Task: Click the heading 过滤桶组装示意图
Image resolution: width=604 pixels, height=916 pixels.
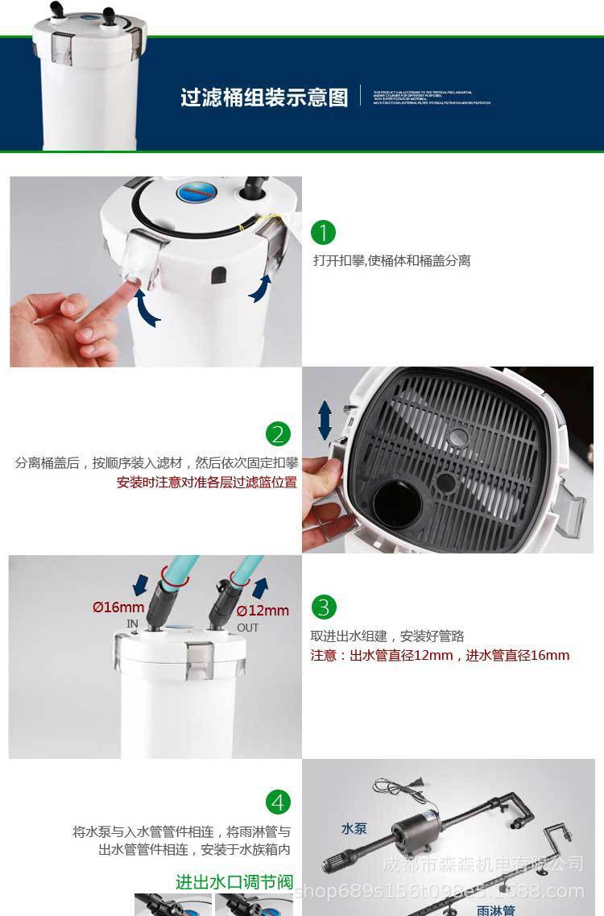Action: (x=264, y=97)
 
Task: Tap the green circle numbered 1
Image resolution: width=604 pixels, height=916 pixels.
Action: (x=323, y=233)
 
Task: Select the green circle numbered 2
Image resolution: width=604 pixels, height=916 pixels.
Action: (x=278, y=434)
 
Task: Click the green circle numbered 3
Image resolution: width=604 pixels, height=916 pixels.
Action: (x=324, y=607)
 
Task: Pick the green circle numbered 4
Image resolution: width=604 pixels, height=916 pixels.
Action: (x=278, y=802)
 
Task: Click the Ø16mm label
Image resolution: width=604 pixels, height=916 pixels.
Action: (x=118, y=607)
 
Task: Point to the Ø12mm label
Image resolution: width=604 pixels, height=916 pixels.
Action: (x=263, y=610)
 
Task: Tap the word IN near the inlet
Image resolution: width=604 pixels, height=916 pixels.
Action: (x=133, y=624)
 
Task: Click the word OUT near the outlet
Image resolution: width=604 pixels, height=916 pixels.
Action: (x=247, y=628)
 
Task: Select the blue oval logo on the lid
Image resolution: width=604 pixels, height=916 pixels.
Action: (x=193, y=194)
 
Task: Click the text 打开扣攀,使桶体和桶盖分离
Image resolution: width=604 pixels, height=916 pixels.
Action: (x=391, y=260)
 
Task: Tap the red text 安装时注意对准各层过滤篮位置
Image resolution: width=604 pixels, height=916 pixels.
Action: (x=207, y=482)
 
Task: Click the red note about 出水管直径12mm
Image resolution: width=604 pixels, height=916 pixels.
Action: (x=440, y=655)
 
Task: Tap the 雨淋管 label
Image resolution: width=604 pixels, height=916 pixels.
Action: (x=495, y=910)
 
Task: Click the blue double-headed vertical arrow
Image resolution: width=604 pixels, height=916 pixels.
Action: (x=325, y=421)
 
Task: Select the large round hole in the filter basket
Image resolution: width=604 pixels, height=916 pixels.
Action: (x=397, y=504)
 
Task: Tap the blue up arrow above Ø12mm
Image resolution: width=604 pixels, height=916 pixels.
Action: (x=260, y=586)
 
